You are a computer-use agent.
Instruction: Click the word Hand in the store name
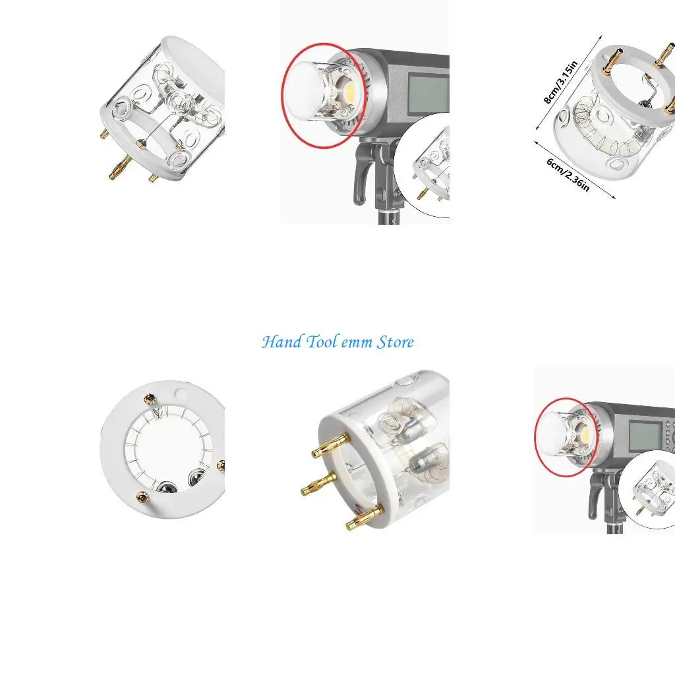point(282,342)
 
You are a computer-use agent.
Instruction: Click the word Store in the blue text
point(396,342)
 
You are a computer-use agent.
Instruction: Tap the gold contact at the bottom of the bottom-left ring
point(141,494)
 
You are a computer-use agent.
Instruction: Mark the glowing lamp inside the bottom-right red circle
point(583,432)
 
